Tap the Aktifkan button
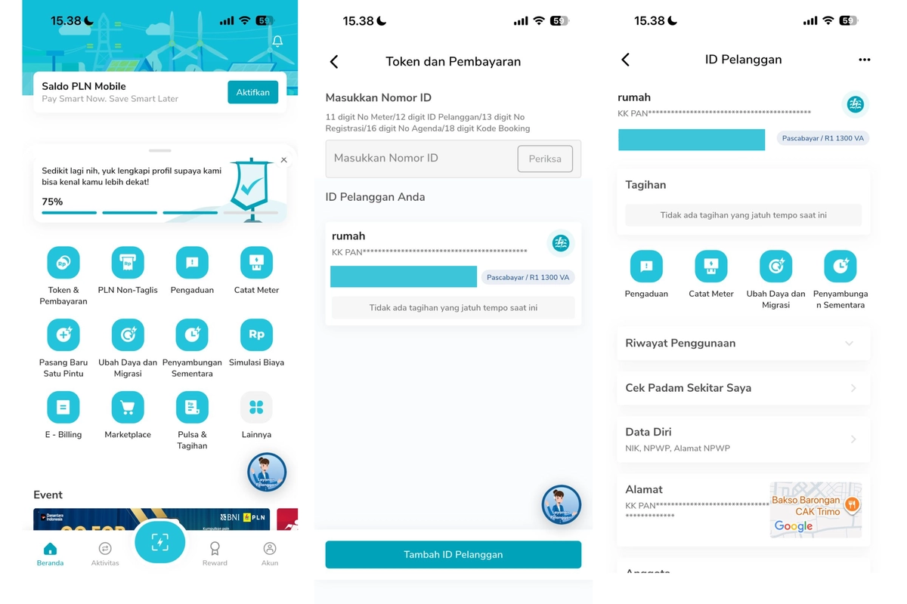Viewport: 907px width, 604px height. coord(252,92)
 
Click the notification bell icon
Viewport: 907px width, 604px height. coord(277,41)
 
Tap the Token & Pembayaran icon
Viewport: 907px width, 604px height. coord(63,263)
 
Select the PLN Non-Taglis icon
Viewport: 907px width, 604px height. coord(128,263)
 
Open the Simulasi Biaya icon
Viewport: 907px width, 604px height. coord(256,334)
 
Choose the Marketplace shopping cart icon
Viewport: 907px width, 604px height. coord(128,408)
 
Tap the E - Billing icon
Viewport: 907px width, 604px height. coord(63,408)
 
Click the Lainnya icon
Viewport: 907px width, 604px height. coord(256,408)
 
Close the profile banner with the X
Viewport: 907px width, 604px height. coord(283,160)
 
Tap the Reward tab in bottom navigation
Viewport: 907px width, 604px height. coord(215,553)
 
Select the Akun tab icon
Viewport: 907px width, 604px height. coord(269,550)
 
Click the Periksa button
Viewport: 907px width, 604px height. coord(544,159)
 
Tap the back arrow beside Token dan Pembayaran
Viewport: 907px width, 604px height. coord(334,62)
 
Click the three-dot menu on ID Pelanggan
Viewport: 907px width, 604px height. coord(865,60)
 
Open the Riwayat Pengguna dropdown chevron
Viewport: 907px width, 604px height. coord(850,344)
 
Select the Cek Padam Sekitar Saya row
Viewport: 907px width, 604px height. coord(743,388)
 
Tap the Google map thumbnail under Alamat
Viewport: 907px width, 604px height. coord(816,510)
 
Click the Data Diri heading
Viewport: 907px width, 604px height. coord(649,432)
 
